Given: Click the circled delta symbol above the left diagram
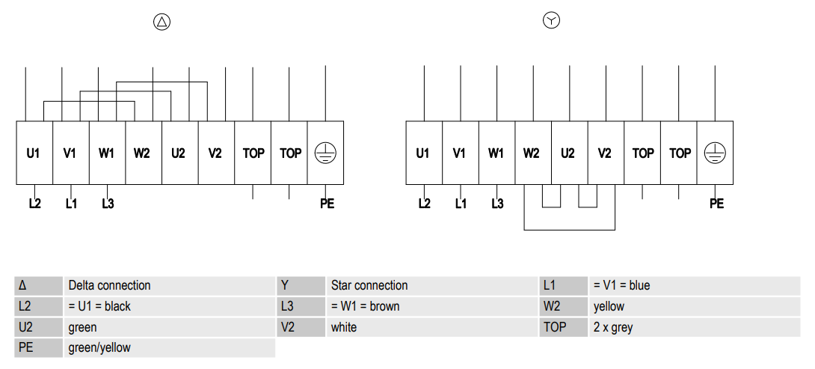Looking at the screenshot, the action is click(x=162, y=22).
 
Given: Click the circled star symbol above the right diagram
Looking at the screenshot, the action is click(x=551, y=21).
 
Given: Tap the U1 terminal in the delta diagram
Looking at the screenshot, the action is click(x=34, y=153).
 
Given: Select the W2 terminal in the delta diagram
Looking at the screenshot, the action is click(x=144, y=153).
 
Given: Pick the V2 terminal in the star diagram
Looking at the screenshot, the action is click(x=606, y=153).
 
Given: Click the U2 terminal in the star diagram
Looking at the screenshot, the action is click(x=569, y=153).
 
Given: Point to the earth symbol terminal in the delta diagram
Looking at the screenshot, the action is click(x=325, y=153).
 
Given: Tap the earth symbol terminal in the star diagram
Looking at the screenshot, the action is click(x=715, y=153).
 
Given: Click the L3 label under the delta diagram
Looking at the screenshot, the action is click(x=108, y=204).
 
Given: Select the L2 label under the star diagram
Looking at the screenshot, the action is click(x=424, y=204).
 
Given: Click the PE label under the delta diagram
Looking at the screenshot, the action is click(x=327, y=204).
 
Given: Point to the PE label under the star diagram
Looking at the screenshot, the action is click(x=716, y=204).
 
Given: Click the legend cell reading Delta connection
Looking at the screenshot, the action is click(x=169, y=286).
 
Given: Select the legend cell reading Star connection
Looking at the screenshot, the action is click(x=431, y=286).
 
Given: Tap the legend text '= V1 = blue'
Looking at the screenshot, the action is click(x=621, y=286).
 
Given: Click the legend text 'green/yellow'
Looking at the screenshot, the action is click(x=99, y=347).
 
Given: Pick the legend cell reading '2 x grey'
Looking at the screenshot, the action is click(x=695, y=327).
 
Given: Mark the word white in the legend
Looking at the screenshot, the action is click(x=343, y=327).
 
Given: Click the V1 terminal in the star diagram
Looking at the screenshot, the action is click(x=460, y=153).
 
